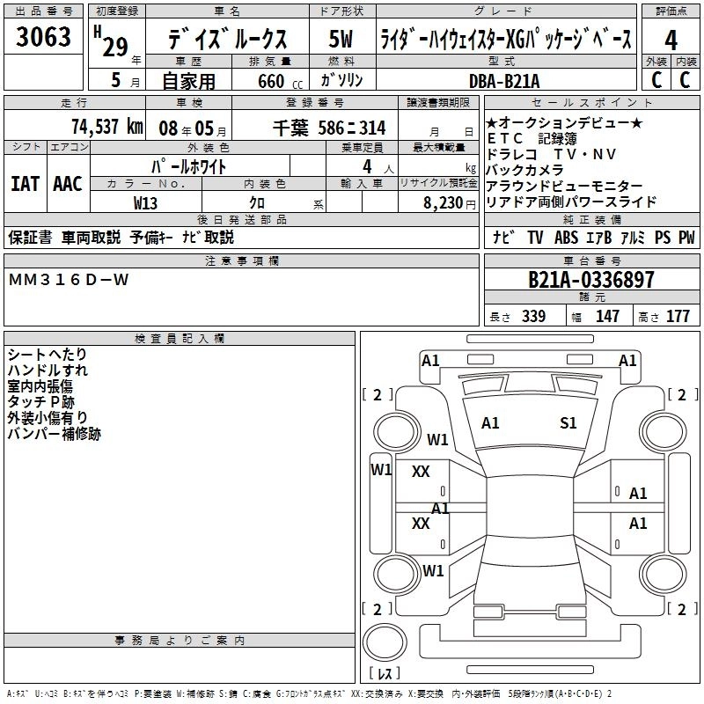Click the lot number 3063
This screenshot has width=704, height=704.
(x=43, y=38)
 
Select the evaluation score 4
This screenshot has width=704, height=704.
(x=671, y=40)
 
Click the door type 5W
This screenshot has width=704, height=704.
(x=341, y=40)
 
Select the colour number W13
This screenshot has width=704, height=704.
(x=145, y=202)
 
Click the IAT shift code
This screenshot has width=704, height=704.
(x=26, y=184)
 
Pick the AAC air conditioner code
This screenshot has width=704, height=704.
(x=68, y=184)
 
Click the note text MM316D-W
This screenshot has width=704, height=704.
(x=69, y=280)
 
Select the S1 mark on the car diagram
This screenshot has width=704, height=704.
(x=568, y=423)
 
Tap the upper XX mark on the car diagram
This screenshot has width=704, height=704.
(x=421, y=472)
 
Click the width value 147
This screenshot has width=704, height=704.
(x=607, y=316)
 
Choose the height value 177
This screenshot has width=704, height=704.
(x=678, y=316)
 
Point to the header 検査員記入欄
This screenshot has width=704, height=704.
(x=180, y=338)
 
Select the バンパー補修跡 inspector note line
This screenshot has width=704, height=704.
(x=54, y=434)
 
